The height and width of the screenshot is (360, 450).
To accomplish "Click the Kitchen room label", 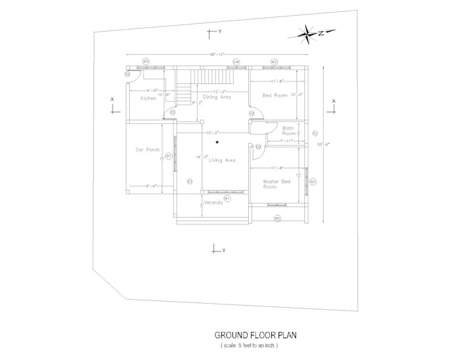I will click(148, 98).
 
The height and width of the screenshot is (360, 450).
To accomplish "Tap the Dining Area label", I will click(216, 97).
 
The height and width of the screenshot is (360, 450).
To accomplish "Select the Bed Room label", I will click(274, 95).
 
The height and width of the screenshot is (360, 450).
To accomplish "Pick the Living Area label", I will click(222, 160).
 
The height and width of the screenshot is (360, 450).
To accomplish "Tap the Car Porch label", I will click(148, 150).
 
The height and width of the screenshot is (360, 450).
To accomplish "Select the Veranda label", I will click(212, 202).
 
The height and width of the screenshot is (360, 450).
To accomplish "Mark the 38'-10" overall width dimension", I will click(217, 54).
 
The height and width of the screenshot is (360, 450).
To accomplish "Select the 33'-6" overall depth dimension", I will click(324, 144).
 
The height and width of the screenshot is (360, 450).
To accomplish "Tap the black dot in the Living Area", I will click(217, 141).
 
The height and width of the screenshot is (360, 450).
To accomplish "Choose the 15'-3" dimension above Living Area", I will click(212, 133).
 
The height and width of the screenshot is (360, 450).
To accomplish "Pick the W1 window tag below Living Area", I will click(227, 198).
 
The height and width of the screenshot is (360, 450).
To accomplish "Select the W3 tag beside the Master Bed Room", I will click(313, 181).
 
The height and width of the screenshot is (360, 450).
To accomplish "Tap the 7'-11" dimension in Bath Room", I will click(286, 141).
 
